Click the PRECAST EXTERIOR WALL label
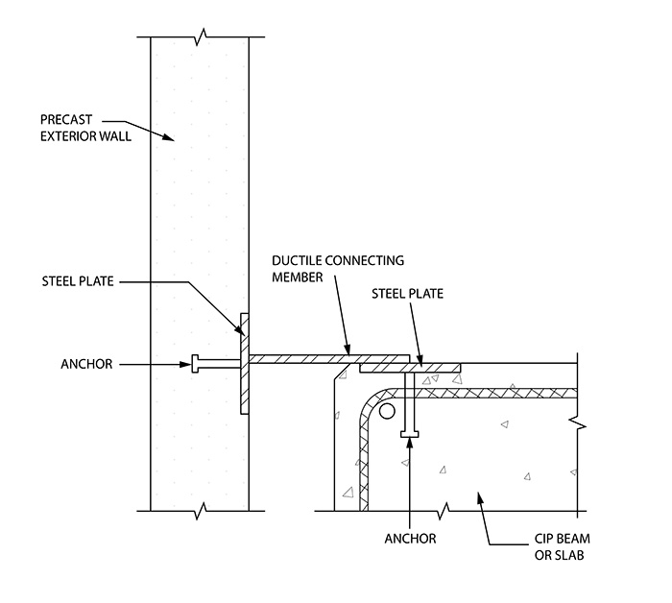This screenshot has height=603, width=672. coord(85,128)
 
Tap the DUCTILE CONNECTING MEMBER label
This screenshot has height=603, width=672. coord(338,269)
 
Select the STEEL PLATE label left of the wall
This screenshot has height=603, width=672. coord(78,281)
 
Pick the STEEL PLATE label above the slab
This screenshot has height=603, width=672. coord(407,294)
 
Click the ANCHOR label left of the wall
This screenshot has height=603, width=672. coord(86,364)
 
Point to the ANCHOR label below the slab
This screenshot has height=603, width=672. coord(410,539)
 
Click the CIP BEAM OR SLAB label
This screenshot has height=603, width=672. coord(562,547)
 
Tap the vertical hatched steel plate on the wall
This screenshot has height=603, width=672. coord(245,363)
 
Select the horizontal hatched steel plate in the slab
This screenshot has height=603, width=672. coord(410,368)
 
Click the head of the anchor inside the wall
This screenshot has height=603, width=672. coord(195,363)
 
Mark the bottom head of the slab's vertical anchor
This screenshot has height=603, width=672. coord(409,434)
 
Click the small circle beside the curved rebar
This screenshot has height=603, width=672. coord(387,411)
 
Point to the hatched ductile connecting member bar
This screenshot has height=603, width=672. coord(329,359)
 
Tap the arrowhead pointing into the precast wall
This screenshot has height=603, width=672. coord(169,137)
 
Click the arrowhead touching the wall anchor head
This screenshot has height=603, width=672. coord(185,365)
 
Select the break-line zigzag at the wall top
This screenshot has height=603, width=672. coord(201,36)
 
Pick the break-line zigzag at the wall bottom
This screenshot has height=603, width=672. coord(201,511)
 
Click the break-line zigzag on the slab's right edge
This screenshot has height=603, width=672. coord(577,423)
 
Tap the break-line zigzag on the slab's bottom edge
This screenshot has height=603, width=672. coord(444,511)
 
